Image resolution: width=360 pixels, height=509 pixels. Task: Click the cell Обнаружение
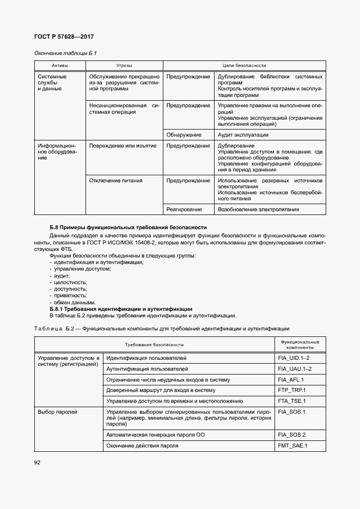coord(184,134)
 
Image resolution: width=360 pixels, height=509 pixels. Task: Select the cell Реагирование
coord(185,209)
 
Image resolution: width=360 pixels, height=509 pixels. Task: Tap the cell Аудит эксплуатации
coord(243,134)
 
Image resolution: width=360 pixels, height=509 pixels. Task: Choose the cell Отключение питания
coord(116,180)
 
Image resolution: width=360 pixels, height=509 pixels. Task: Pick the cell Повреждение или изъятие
coord(123,146)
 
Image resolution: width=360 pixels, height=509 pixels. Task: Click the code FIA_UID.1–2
coord(294,358)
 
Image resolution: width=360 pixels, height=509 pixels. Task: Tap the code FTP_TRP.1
coord(291,390)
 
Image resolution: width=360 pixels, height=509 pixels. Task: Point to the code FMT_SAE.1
coord(292,445)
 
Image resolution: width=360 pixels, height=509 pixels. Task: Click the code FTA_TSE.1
coord(291,401)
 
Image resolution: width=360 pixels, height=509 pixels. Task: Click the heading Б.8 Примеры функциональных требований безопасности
coord(128,226)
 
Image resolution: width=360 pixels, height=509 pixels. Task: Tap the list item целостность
coord(70,283)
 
